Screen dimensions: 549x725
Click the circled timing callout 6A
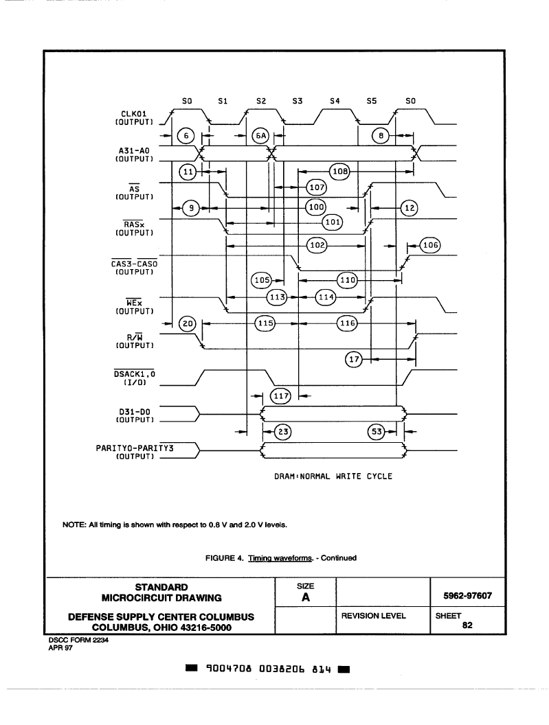click(261, 135)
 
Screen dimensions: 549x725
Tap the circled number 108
click(339, 172)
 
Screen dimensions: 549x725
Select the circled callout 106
click(431, 245)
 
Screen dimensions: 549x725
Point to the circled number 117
click(281, 395)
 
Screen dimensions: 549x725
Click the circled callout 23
click(283, 432)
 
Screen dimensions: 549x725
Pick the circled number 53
click(377, 432)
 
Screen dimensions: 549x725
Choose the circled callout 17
click(354, 359)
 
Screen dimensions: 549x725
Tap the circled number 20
click(188, 323)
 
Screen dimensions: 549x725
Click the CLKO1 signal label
click(134, 114)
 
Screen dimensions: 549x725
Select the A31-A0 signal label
click(134, 150)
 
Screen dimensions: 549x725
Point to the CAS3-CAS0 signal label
click(134, 264)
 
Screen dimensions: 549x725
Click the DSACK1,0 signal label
click(135, 373)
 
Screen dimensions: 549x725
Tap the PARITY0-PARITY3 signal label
click(135, 448)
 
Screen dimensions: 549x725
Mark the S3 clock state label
click(298, 101)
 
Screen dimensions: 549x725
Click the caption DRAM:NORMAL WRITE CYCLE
click(333, 476)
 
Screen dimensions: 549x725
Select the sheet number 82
click(467, 625)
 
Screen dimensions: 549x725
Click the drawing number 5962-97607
click(467, 595)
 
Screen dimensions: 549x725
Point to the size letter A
click(306, 597)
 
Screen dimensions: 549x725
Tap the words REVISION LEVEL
click(374, 616)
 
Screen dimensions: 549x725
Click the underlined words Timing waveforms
click(280, 558)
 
